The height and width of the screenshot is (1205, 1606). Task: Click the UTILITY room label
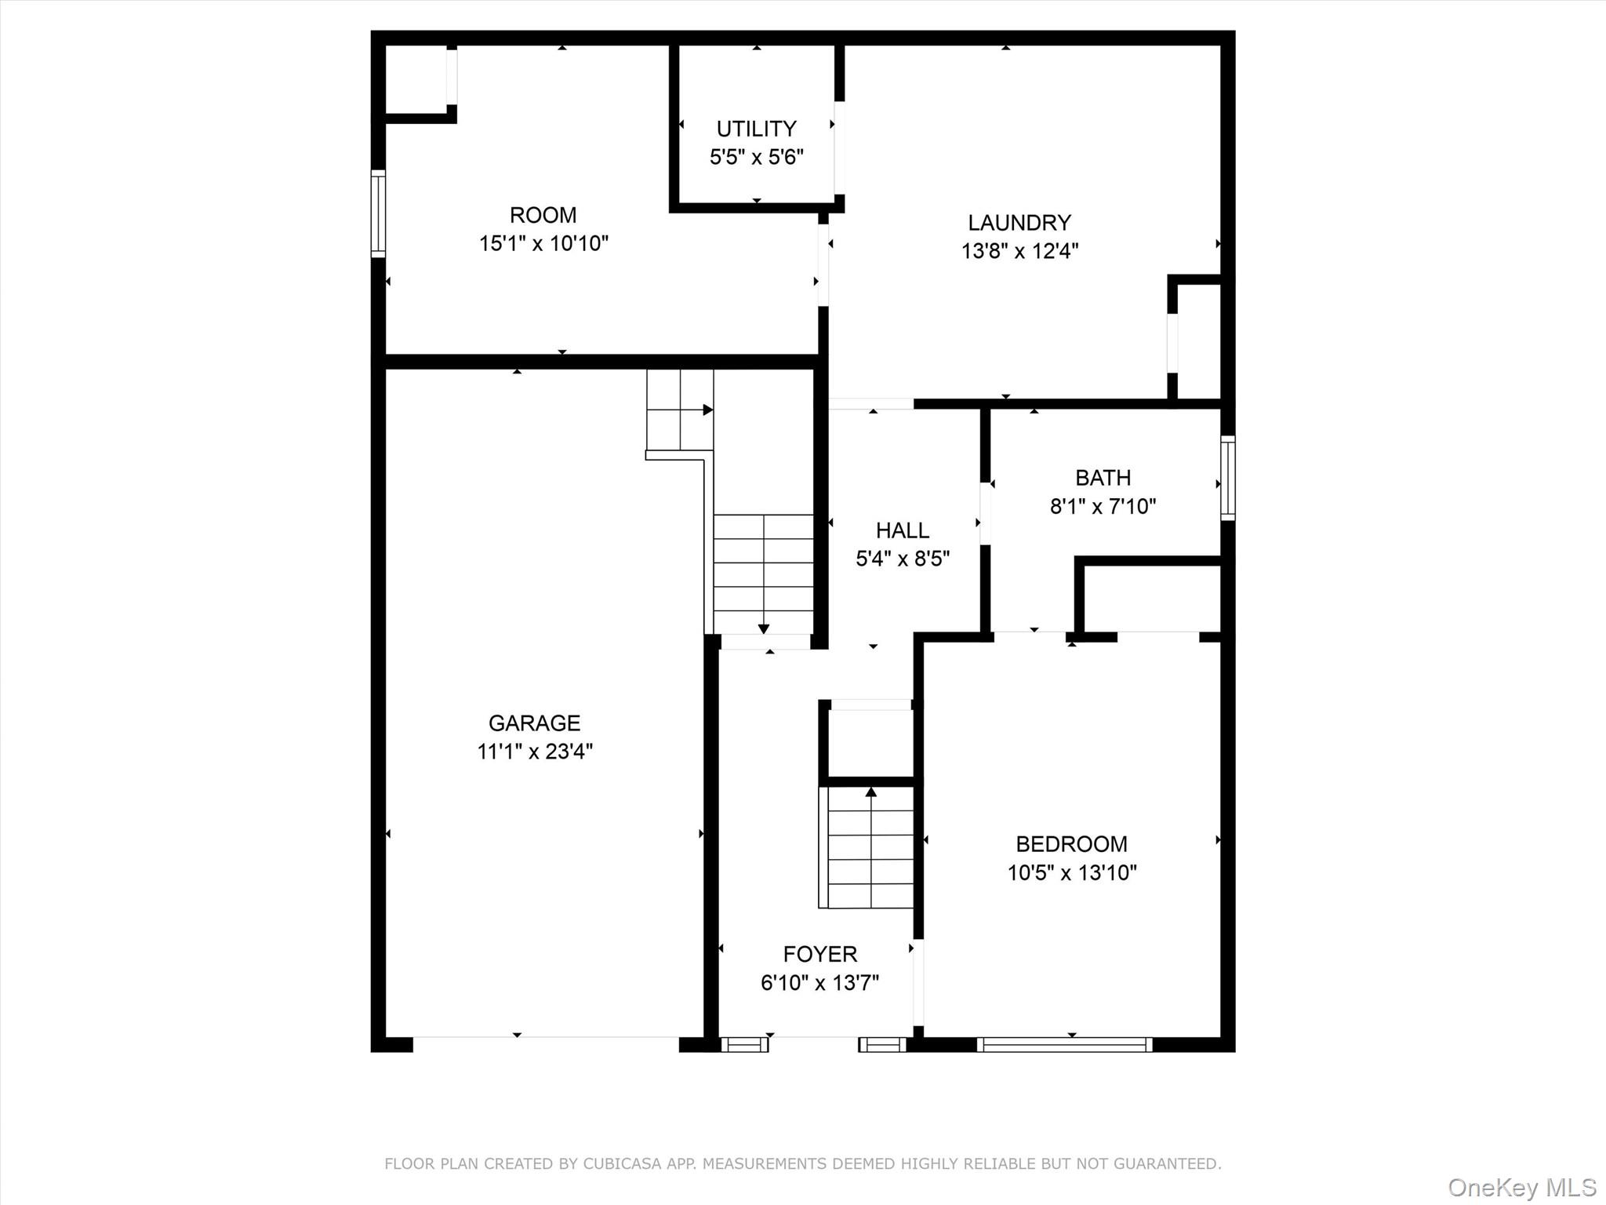tap(756, 129)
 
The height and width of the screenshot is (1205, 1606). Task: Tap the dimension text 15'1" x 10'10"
tap(543, 244)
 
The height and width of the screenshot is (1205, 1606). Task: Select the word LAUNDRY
tap(1019, 223)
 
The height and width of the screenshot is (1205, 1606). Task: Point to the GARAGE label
tap(534, 723)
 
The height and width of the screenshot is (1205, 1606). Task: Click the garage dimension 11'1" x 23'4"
tap(535, 752)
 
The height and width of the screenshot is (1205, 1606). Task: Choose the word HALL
tap(903, 530)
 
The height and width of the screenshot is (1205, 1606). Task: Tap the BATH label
tap(1103, 478)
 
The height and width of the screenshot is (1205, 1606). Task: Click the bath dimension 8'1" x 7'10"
tap(1103, 507)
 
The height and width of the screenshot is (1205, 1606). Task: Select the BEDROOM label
tap(1071, 844)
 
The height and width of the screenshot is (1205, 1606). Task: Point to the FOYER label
tap(819, 954)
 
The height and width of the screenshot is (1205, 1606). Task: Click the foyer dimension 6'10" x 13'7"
tap(819, 983)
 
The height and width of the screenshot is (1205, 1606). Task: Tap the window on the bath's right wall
tap(1228, 478)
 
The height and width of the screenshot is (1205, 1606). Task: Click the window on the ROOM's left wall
tap(378, 213)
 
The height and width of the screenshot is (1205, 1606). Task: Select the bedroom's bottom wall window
tap(1064, 1044)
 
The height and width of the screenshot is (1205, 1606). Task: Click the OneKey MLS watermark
tap(1521, 1187)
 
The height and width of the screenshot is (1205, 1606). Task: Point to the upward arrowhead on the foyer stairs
tap(870, 792)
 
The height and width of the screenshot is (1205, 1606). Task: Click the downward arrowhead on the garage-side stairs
tap(763, 628)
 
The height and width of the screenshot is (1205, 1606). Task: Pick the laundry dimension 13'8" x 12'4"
tap(1019, 252)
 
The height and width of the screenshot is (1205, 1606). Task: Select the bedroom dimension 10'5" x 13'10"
tap(1071, 873)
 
